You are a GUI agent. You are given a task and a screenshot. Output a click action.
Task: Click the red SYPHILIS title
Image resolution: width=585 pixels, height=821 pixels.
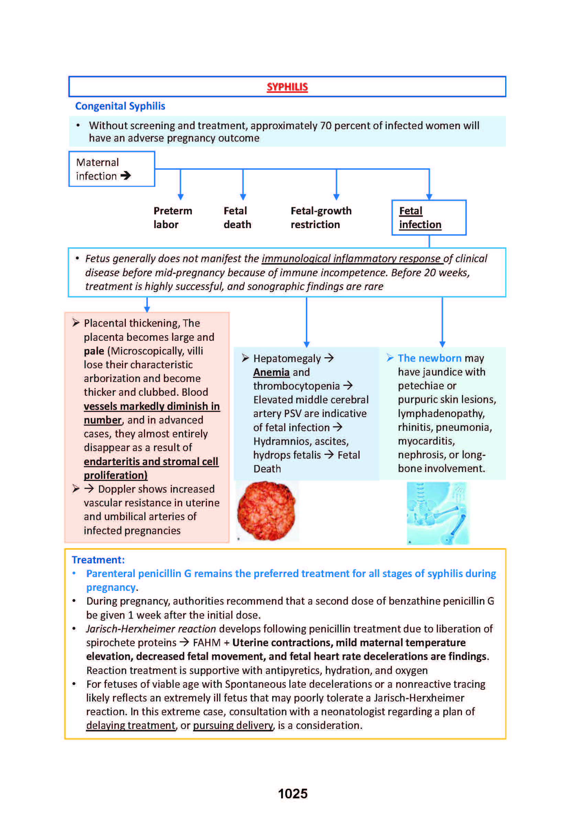click(287, 87)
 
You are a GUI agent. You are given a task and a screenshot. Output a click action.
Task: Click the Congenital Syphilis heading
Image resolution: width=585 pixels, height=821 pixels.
click(120, 106)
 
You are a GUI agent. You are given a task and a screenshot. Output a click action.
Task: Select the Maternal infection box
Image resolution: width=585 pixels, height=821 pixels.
click(112, 169)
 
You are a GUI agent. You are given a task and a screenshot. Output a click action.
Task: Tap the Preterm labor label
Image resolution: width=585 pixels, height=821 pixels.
click(173, 217)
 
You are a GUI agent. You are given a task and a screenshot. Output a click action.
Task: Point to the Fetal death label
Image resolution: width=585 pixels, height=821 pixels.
click(237, 217)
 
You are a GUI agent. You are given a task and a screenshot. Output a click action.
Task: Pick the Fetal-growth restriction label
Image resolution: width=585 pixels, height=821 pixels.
click(321, 217)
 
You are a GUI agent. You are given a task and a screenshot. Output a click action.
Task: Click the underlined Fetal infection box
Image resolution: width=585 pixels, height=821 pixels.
click(428, 217)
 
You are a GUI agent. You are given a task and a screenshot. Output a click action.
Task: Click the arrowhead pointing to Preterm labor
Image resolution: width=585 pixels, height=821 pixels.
click(180, 196)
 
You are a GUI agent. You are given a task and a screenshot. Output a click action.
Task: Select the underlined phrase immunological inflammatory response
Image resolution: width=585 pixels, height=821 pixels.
click(352, 259)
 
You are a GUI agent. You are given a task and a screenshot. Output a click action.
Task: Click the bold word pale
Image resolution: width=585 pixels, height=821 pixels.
click(94, 351)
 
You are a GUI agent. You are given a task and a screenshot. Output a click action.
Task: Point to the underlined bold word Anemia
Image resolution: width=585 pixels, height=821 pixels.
click(271, 372)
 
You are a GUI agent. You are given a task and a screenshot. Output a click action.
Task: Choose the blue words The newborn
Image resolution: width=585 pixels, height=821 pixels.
click(429, 358)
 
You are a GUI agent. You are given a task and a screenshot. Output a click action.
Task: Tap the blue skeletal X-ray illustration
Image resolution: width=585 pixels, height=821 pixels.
click(438, 513)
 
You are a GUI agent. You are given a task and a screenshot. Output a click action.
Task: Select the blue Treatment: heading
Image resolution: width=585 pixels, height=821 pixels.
click(98, 560)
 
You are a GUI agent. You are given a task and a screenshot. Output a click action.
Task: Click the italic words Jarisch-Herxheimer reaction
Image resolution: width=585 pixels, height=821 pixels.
click(151, 629)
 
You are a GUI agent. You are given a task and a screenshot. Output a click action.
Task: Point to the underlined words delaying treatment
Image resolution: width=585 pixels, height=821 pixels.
click(131, 725)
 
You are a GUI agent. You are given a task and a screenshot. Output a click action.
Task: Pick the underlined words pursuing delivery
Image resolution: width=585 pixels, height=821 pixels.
click(233, 725)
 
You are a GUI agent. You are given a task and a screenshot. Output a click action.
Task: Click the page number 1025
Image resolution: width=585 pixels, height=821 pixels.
click(292, 794)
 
